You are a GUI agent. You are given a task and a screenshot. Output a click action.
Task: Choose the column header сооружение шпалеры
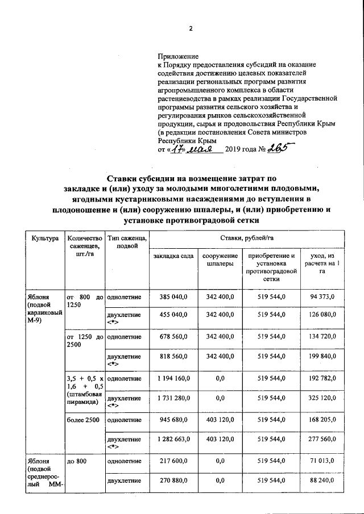tap(220, 260)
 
